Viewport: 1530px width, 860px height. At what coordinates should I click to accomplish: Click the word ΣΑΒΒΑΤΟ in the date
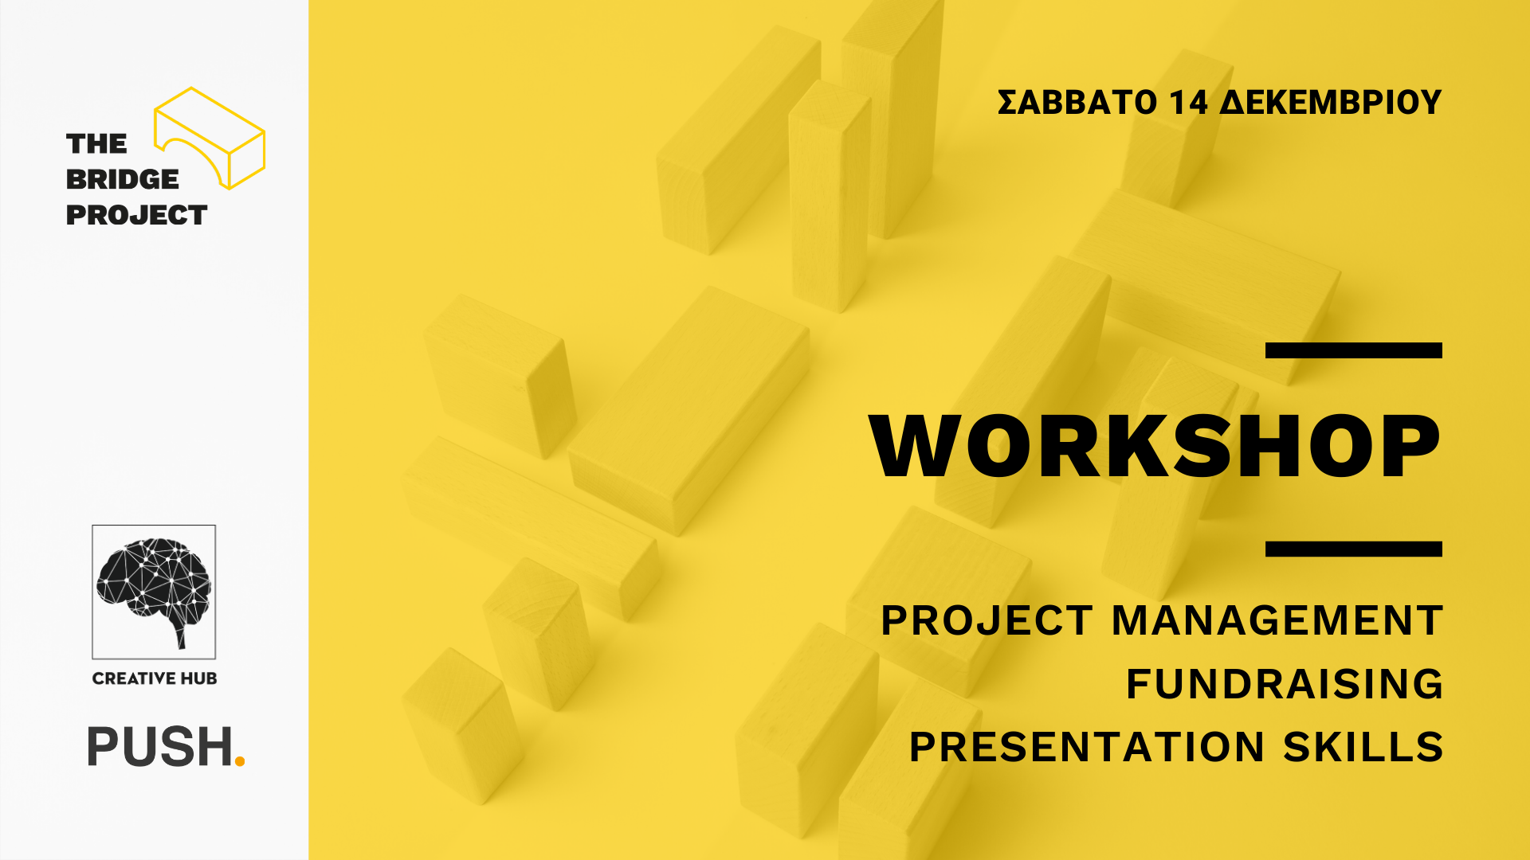click(x=1077, y=103)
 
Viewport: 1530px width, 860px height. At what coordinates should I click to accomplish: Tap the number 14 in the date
click(x=1189, y=103)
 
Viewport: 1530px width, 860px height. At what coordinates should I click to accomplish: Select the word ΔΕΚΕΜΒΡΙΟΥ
click(x=1331, y=103)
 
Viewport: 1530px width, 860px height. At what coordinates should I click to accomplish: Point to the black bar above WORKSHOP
click(x=1354, y=350)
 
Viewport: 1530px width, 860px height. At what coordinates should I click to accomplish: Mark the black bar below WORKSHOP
click(x=1354, y=549)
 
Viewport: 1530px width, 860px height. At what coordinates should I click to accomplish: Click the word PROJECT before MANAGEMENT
click(x=987, y=621)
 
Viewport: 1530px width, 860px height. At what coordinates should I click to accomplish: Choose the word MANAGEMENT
click(x=1277, y=621)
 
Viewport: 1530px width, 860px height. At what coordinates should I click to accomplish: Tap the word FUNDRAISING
click(x=1284, y=684)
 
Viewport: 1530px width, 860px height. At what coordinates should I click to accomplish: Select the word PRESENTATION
click(x=1087, y=747)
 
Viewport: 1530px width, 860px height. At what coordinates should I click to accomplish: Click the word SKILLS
click(x=1363, y=747)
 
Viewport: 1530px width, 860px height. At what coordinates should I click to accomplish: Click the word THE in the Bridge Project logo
click(x=96, y=144)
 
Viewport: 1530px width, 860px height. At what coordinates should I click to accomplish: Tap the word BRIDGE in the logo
click(x=123, y=180)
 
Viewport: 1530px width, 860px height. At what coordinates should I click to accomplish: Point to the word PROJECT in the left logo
click(x=136, y=215)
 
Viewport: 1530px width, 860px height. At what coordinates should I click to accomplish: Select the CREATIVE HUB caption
click(x=155, y=678)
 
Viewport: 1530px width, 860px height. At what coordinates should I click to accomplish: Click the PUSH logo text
click(x=159, y=747)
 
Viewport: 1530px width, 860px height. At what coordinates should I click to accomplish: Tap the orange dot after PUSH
click(x=240, y=761)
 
